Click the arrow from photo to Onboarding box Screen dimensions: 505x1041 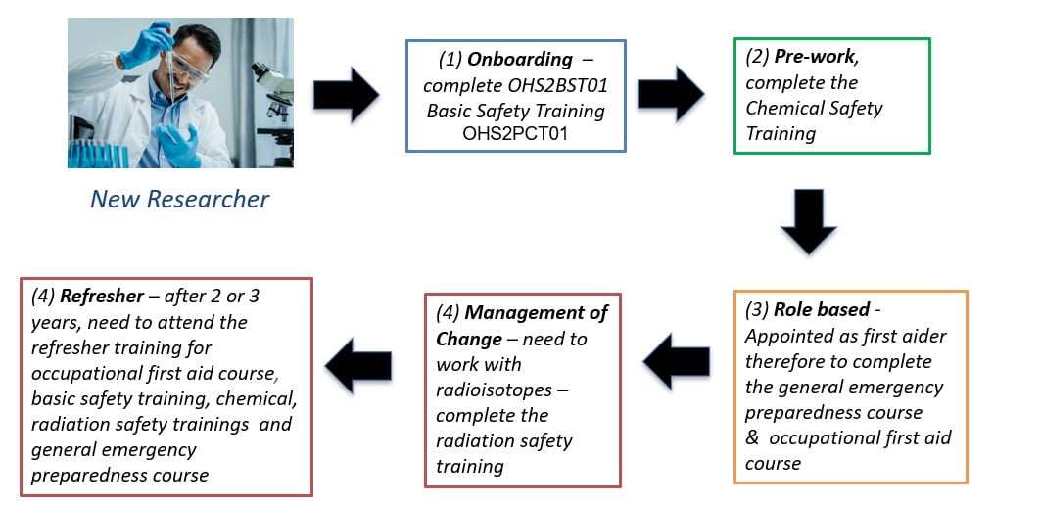(x=346, y=95)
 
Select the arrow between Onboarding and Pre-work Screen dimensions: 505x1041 (x=670, y=94)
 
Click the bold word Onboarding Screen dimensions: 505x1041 (x=519, y=60)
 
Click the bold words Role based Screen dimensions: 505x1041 (x=821, y=309)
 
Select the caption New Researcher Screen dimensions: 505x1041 (x=179, y=200)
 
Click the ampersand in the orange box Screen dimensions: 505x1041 (x=752, y=437)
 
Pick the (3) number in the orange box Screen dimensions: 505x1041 (x=758, y=309)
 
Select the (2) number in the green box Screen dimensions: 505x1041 (x=757, y=57)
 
